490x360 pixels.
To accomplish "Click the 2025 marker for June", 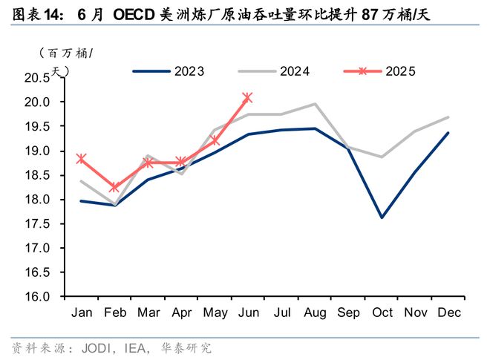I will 247,97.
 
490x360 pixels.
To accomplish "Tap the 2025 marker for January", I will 82,158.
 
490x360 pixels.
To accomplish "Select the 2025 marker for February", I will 114,188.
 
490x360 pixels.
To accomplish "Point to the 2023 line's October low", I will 382,217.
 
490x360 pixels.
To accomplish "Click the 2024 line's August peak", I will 315,104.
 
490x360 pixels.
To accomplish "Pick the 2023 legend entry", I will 169,71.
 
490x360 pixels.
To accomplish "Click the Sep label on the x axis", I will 348,313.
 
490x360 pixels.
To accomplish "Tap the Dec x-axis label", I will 448,313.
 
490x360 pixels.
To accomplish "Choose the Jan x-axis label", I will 82,313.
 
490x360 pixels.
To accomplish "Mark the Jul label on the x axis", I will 281,313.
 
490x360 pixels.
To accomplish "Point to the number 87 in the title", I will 369,14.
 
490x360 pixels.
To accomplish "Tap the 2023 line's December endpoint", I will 448,133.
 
